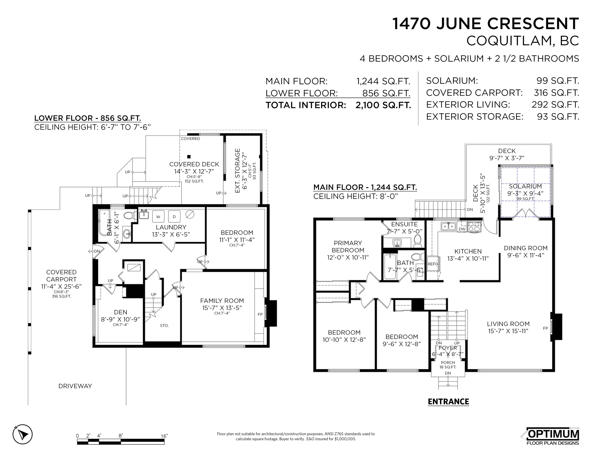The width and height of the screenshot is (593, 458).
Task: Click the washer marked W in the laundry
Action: (158, 216)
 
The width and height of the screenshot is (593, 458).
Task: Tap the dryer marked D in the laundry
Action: (174, 216)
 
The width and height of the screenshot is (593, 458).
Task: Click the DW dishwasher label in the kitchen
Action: (462, 229)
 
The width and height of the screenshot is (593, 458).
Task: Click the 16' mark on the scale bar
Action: (164, 436)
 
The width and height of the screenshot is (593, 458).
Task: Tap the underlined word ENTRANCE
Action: (448, 402)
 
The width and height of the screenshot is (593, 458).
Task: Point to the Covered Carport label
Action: (61, 276)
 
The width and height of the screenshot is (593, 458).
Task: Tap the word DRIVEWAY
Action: (75, 386)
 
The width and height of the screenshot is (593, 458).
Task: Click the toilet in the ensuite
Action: (417, 241)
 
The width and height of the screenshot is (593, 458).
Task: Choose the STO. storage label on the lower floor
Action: (164, 325)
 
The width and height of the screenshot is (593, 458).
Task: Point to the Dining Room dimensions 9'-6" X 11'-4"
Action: (526, 255)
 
